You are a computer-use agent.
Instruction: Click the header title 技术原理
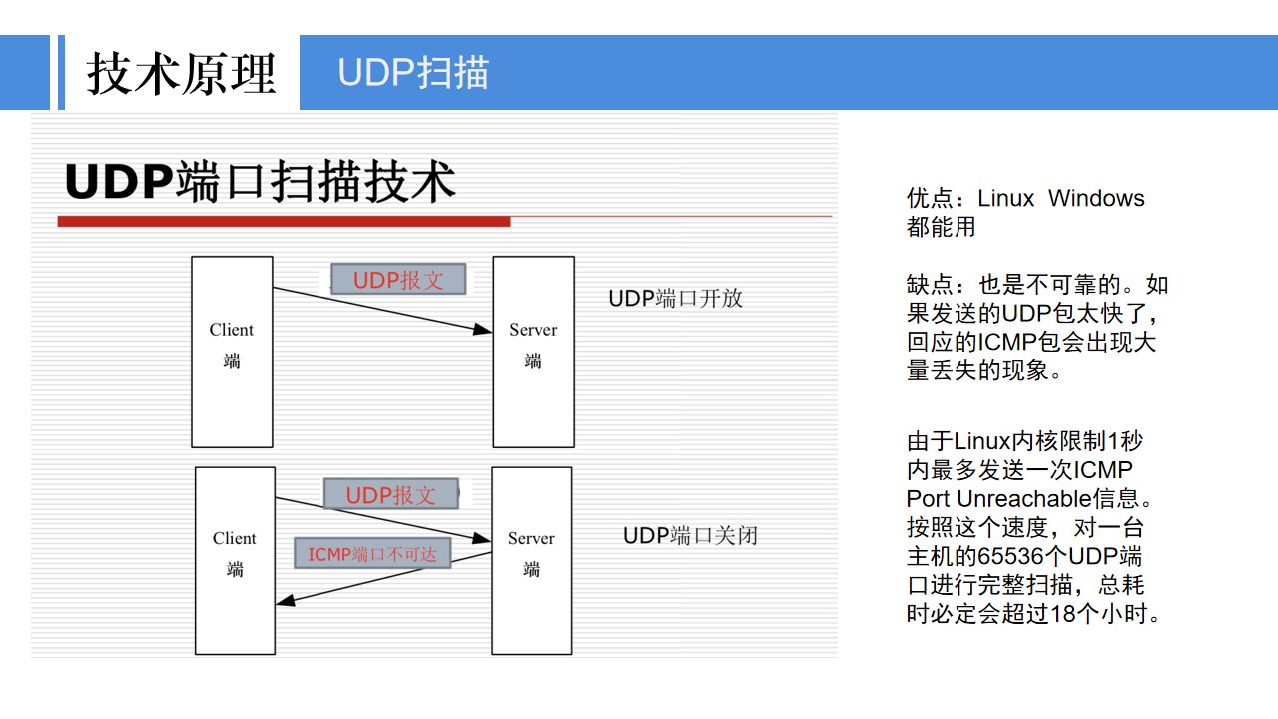tap(182, 73)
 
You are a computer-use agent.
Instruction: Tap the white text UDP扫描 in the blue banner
tap(413, 73)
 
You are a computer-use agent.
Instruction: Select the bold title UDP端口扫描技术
tap(261, 182)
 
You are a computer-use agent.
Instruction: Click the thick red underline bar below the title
tap(285, 222)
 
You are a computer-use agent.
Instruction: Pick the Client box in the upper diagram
tap(232, 352)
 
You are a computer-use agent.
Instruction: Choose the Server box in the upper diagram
tap(533, 352)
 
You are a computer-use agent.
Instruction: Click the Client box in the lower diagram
tap(235, 561)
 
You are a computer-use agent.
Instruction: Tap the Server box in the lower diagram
tap(532, 561)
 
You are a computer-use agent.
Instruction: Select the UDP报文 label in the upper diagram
tap(398, 279)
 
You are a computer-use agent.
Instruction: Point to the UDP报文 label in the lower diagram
tap(390, 494)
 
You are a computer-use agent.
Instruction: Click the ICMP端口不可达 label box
tap(372, 553)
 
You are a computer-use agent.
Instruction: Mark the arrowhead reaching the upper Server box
tap(484, 329)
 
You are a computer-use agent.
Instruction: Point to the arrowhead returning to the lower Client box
tap(285, 600)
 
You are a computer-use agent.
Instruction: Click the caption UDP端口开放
tap(676, 298)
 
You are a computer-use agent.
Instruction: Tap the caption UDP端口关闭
tap(690, 536)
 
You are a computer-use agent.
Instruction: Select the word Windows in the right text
tap(1096, 198)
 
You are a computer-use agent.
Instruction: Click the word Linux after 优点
tap(1005, 198)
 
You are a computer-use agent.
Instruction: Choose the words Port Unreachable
tap(999, 499)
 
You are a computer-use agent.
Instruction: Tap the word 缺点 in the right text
tap(930, 285)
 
